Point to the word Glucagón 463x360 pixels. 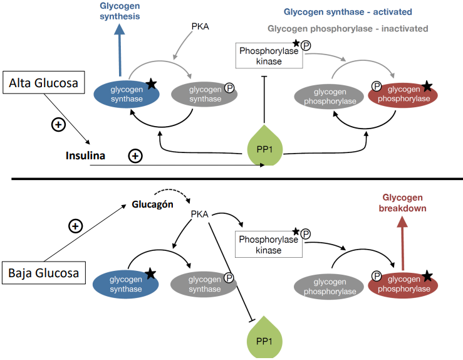coord(152,205)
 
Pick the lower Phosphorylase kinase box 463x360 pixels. coord(269,245)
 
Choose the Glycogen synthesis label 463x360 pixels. coord(120,11)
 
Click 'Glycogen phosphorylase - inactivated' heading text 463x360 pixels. coord(348,29)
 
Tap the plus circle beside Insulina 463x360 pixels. coord(135,155)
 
